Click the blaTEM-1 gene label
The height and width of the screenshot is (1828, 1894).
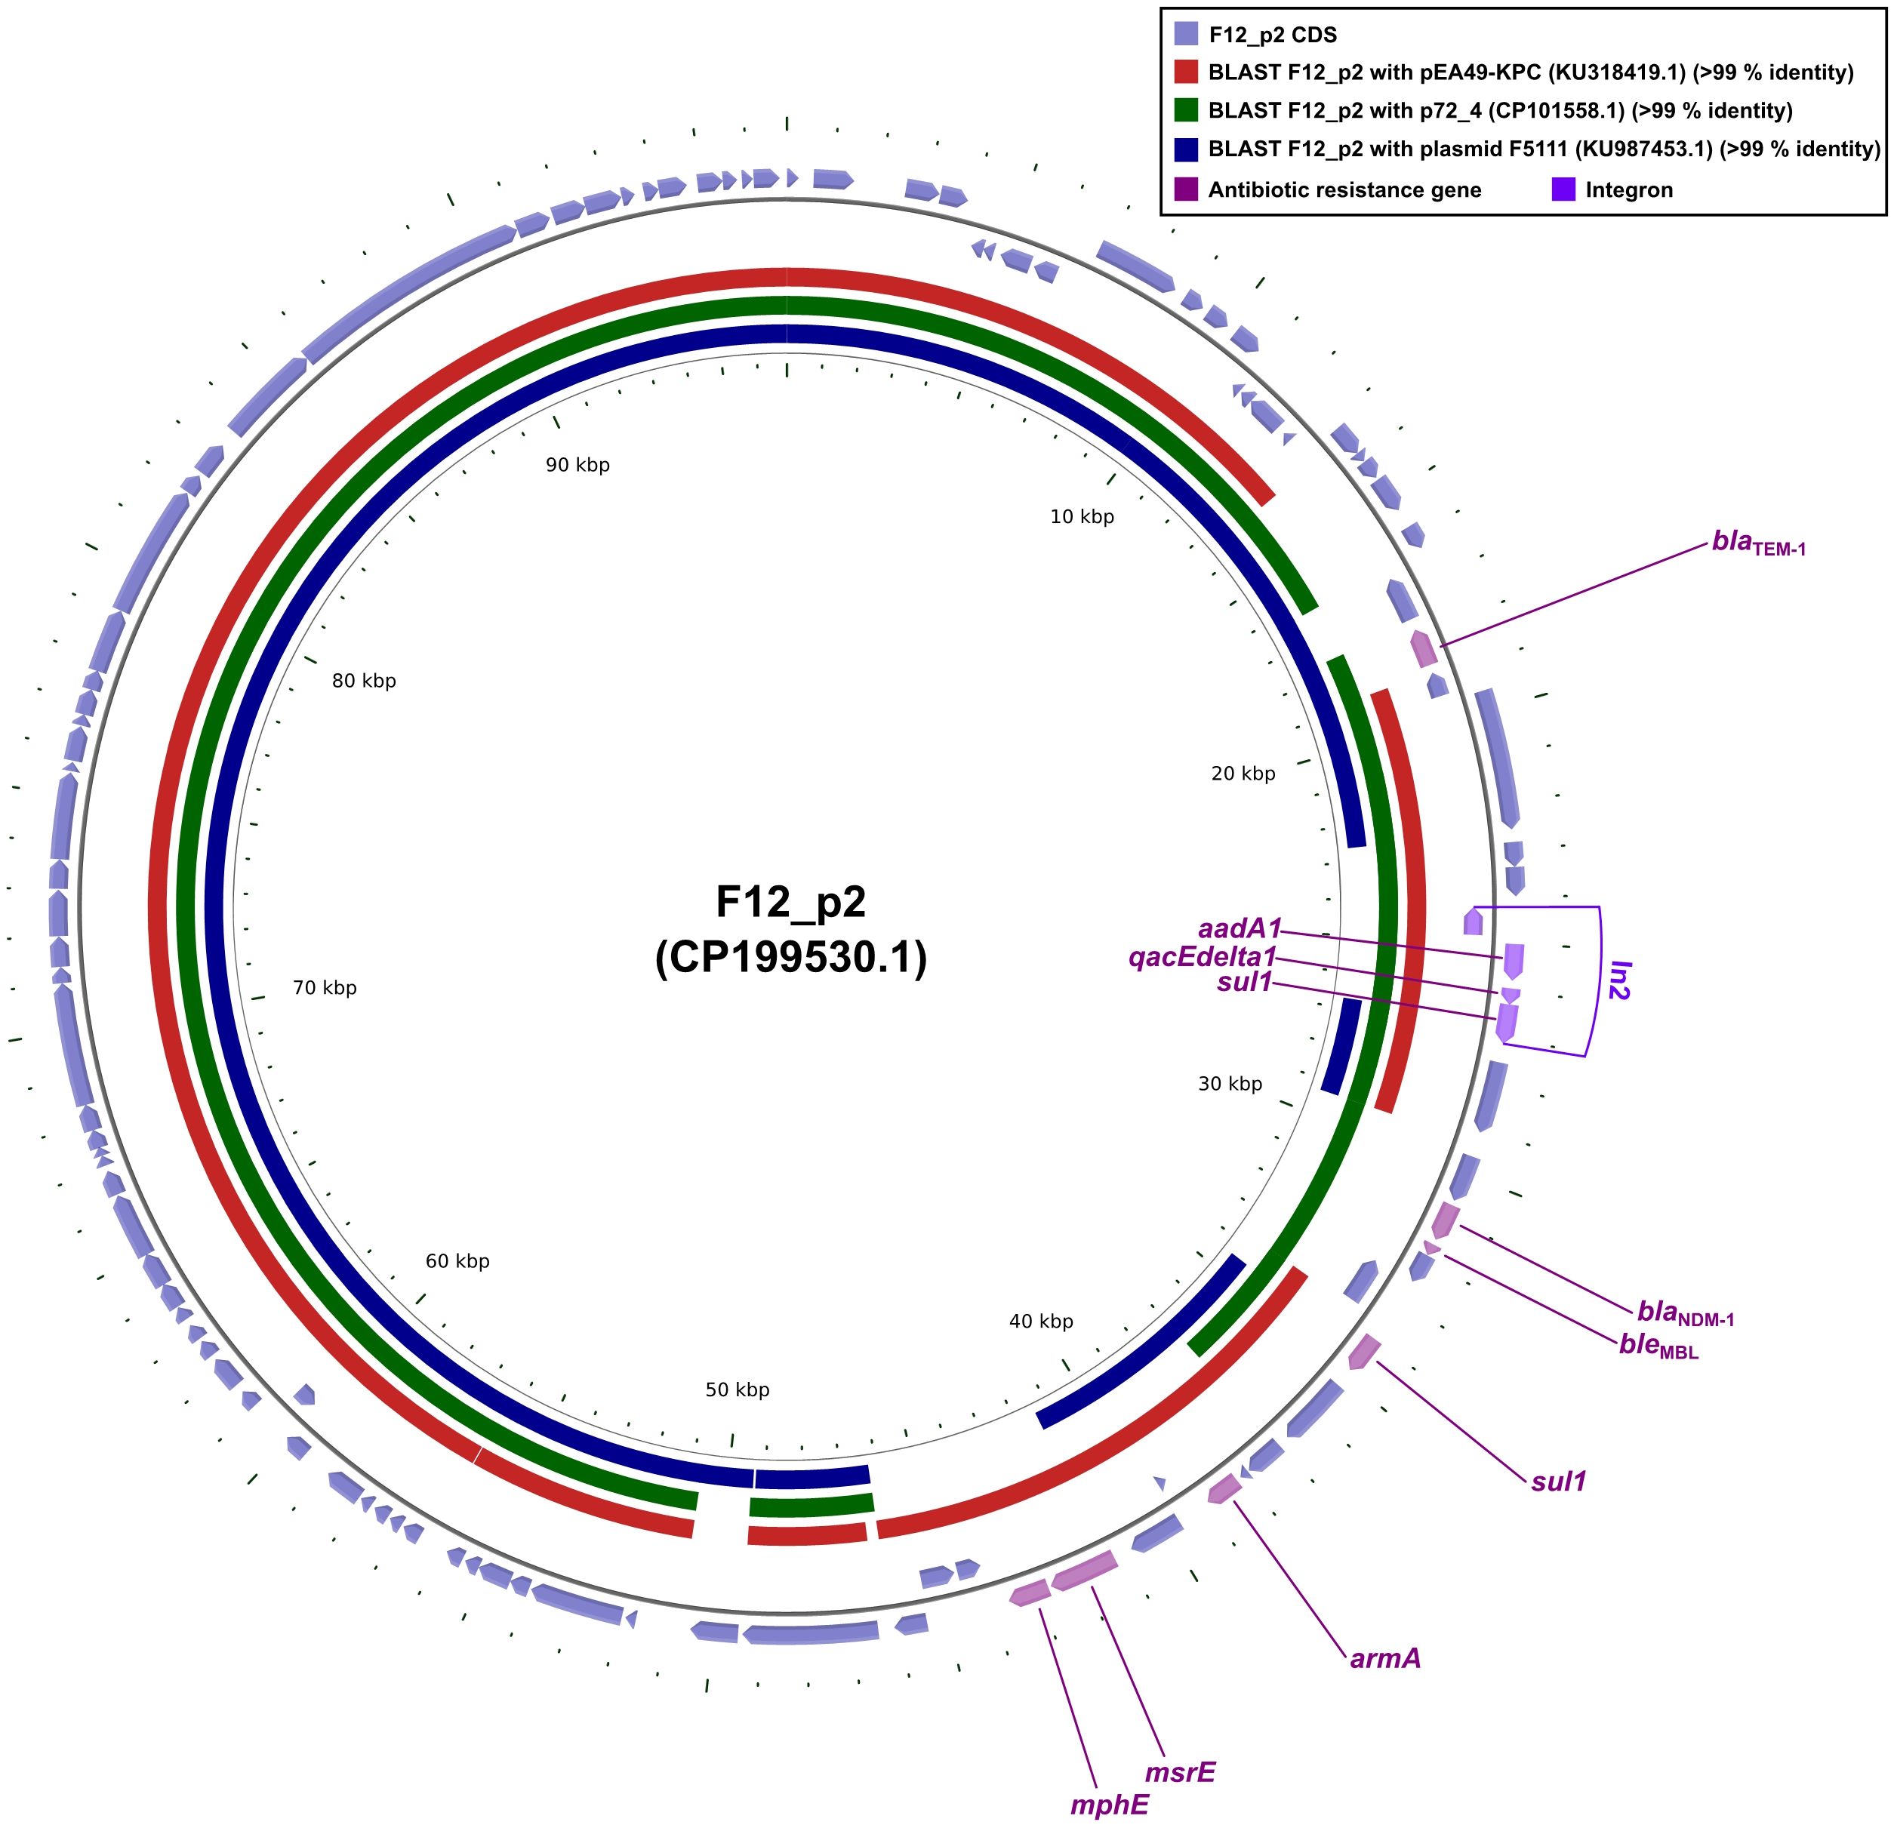pos(1758,543)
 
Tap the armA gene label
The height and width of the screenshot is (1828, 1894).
pos(1384,1658)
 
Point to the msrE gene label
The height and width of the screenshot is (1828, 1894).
pos(1180,1772)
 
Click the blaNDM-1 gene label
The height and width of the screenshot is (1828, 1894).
pos(1685,1312)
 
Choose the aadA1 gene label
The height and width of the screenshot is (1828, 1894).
pos(1239,928)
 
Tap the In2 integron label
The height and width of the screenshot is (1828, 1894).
pos(1619,980)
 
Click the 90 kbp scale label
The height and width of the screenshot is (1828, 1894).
pos(578,465)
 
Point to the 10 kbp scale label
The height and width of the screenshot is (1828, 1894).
pos(1083,517)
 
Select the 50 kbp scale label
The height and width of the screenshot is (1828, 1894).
pos(738,1389)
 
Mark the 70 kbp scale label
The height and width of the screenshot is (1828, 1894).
pos(325,987)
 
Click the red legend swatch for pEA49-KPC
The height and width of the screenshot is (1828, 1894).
pos(1186,72)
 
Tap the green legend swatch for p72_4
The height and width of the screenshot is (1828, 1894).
pos(1186,110)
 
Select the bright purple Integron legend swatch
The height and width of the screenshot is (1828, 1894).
pos(1563,189)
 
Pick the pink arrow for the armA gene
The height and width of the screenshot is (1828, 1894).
pos(1224,1489)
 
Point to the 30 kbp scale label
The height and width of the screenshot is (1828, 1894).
pos(1230,1083)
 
